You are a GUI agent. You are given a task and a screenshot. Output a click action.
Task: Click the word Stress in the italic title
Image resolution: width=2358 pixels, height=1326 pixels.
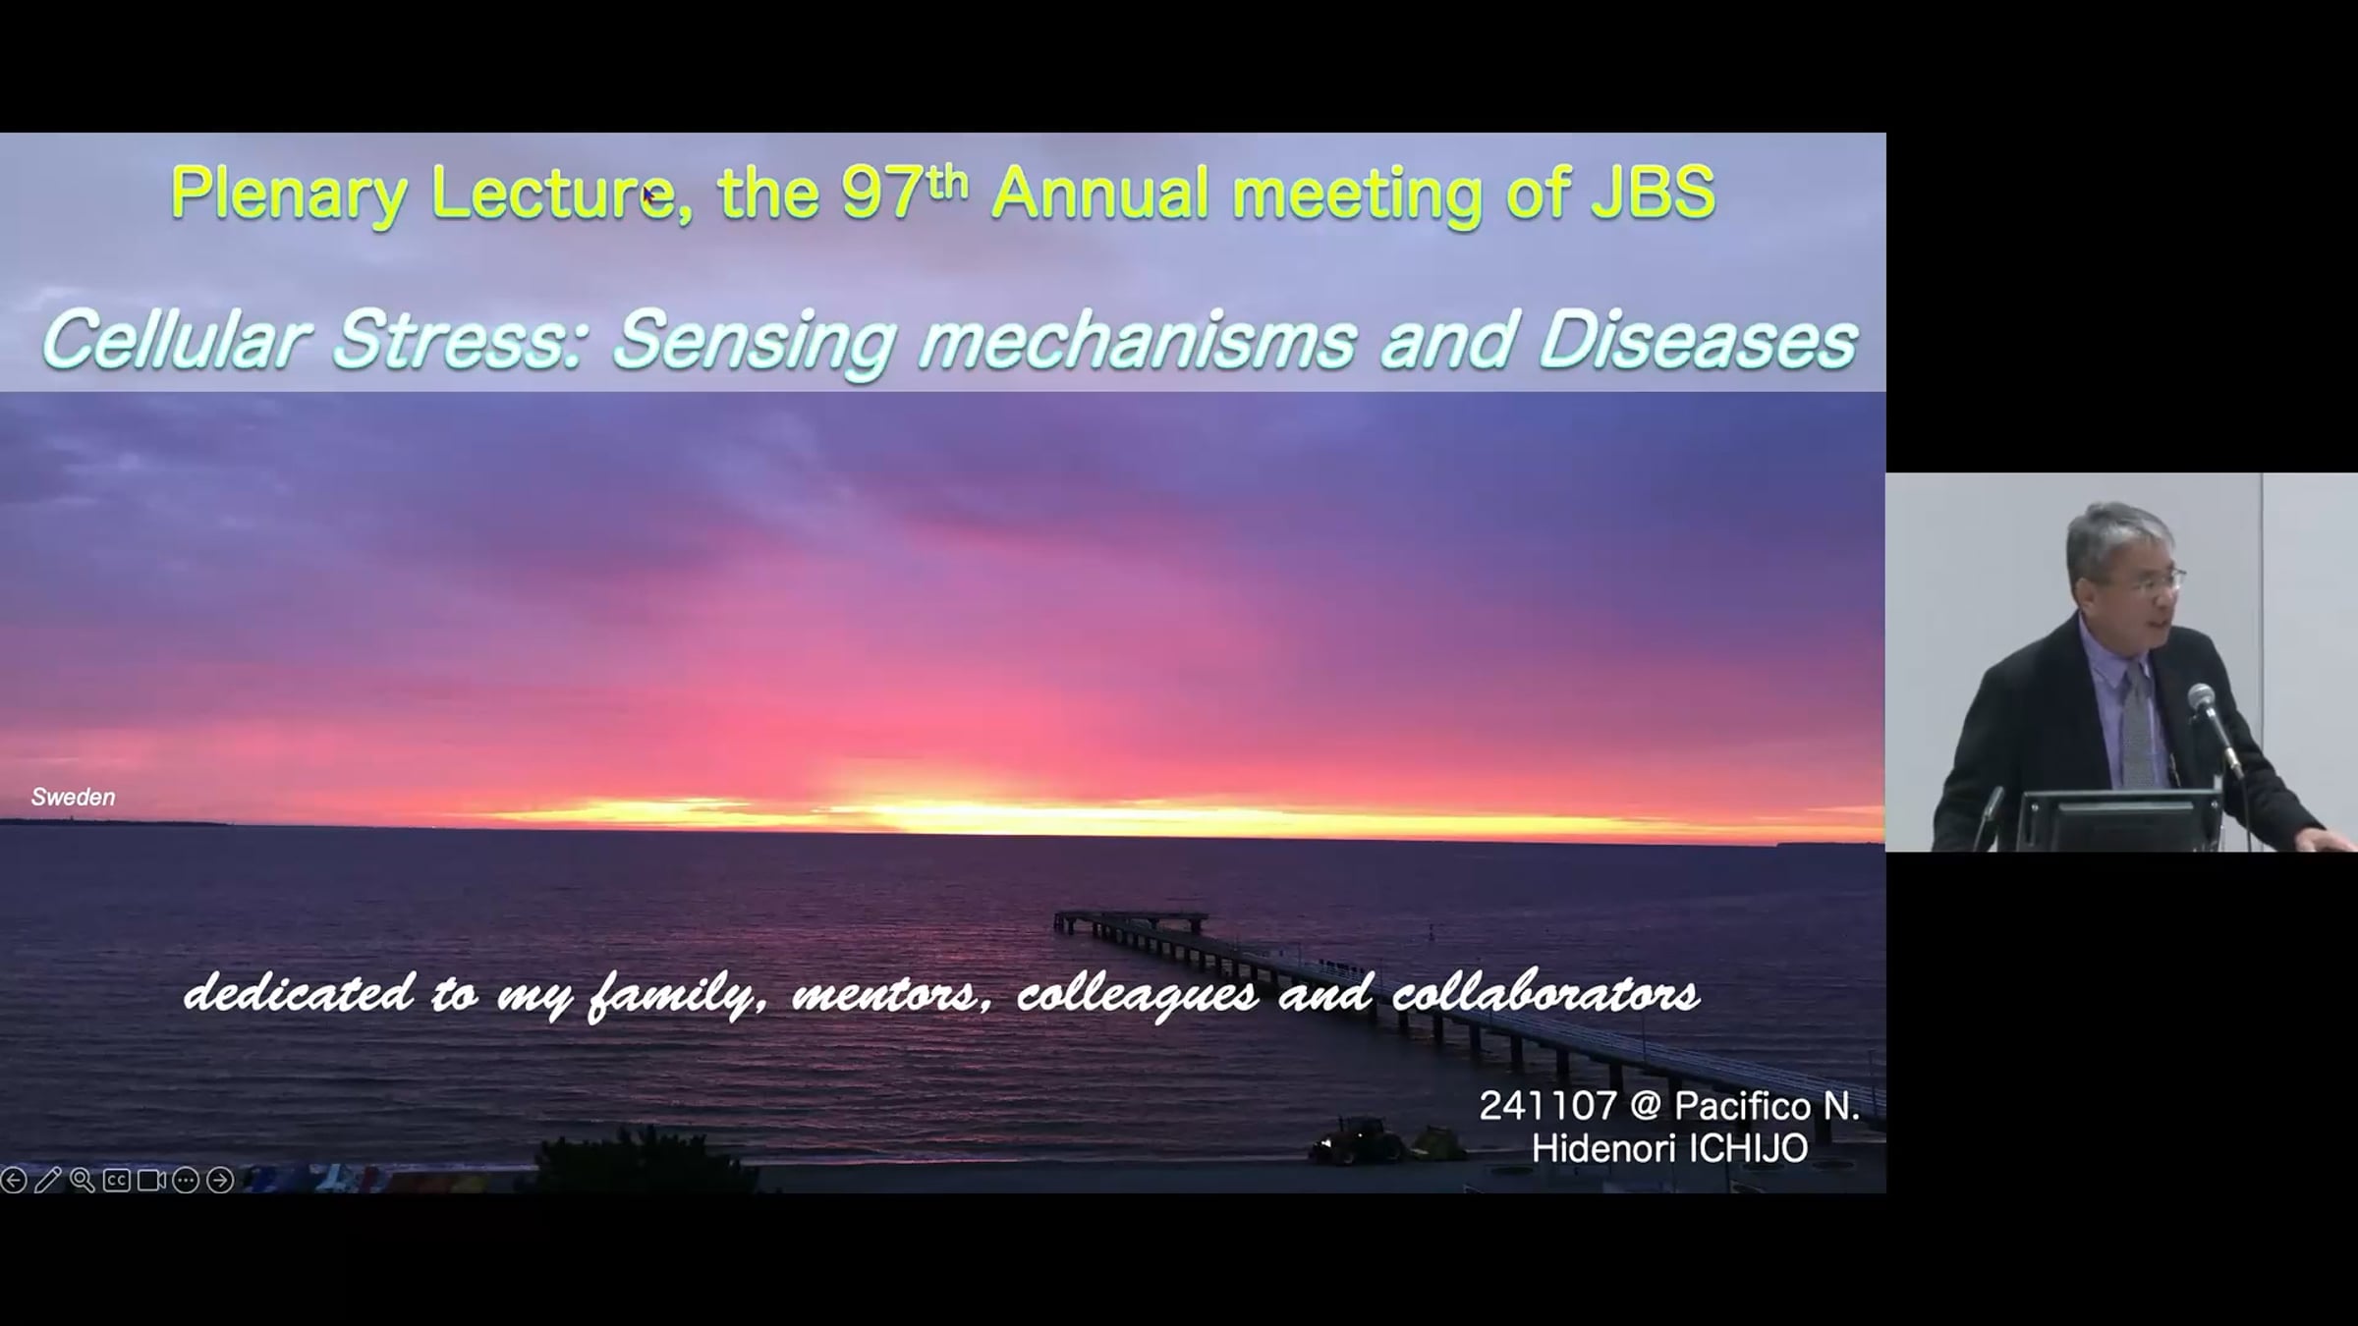(x=459, y=341)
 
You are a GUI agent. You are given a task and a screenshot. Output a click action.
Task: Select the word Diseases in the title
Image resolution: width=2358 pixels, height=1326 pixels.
(x=1697, y=341)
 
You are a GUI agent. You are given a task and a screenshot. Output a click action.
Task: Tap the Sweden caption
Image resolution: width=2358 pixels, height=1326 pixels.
(x=73, y=797)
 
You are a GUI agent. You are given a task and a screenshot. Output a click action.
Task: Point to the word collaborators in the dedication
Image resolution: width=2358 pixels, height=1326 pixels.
(x=1546, y=993)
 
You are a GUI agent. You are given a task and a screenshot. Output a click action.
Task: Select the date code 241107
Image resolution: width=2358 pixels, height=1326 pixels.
(x=1547, y=1107)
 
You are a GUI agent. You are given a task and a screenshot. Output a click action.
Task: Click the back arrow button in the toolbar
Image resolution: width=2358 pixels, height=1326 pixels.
(x=14, y=1180)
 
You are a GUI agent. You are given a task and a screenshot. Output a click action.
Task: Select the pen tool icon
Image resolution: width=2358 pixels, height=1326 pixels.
(x=48, y=1180)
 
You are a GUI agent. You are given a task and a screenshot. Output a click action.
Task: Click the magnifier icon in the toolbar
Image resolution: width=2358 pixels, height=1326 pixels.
(x=83, y=1180)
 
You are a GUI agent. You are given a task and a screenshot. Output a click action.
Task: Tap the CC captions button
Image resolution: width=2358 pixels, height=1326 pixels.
(x=117, y=1180)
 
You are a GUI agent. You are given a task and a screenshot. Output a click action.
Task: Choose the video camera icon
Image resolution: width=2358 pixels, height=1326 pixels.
(x=151, y=1180)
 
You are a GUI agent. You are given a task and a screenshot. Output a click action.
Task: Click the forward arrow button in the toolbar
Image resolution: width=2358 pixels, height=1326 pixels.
(x=220, y=1180)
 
